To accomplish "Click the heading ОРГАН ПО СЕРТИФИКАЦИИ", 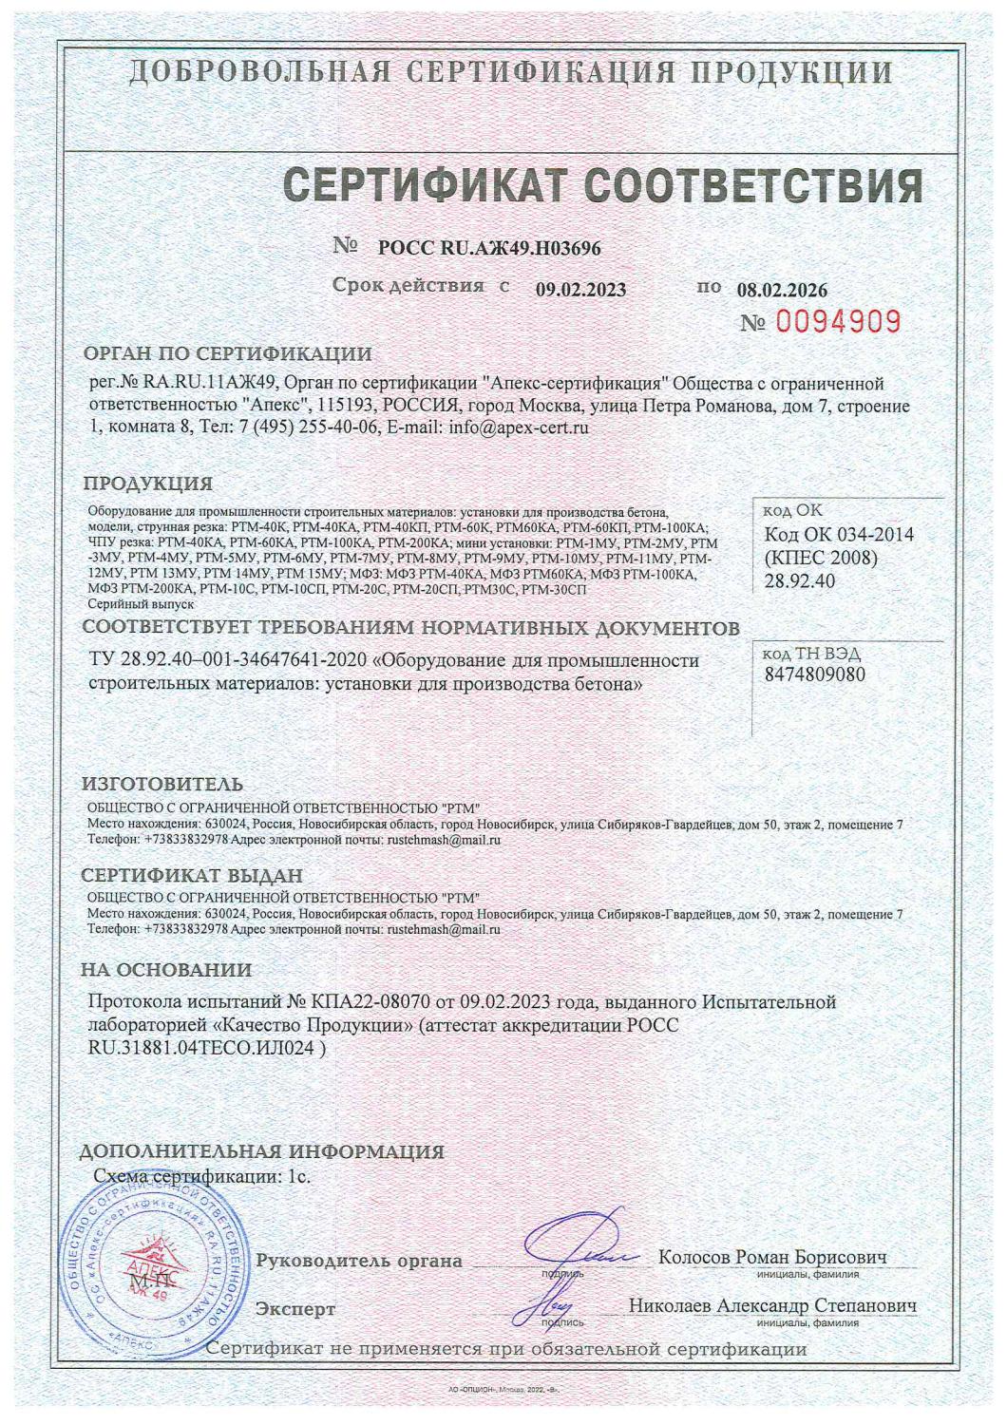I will point(228,355).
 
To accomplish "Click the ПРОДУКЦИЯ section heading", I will point(148,484).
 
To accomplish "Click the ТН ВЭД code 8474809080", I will point(814,674).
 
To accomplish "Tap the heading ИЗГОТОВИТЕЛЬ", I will point(162,784).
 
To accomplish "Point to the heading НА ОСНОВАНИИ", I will point(166,970).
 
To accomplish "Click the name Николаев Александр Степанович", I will point(772,1306).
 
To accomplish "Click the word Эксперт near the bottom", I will point(295,1309).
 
